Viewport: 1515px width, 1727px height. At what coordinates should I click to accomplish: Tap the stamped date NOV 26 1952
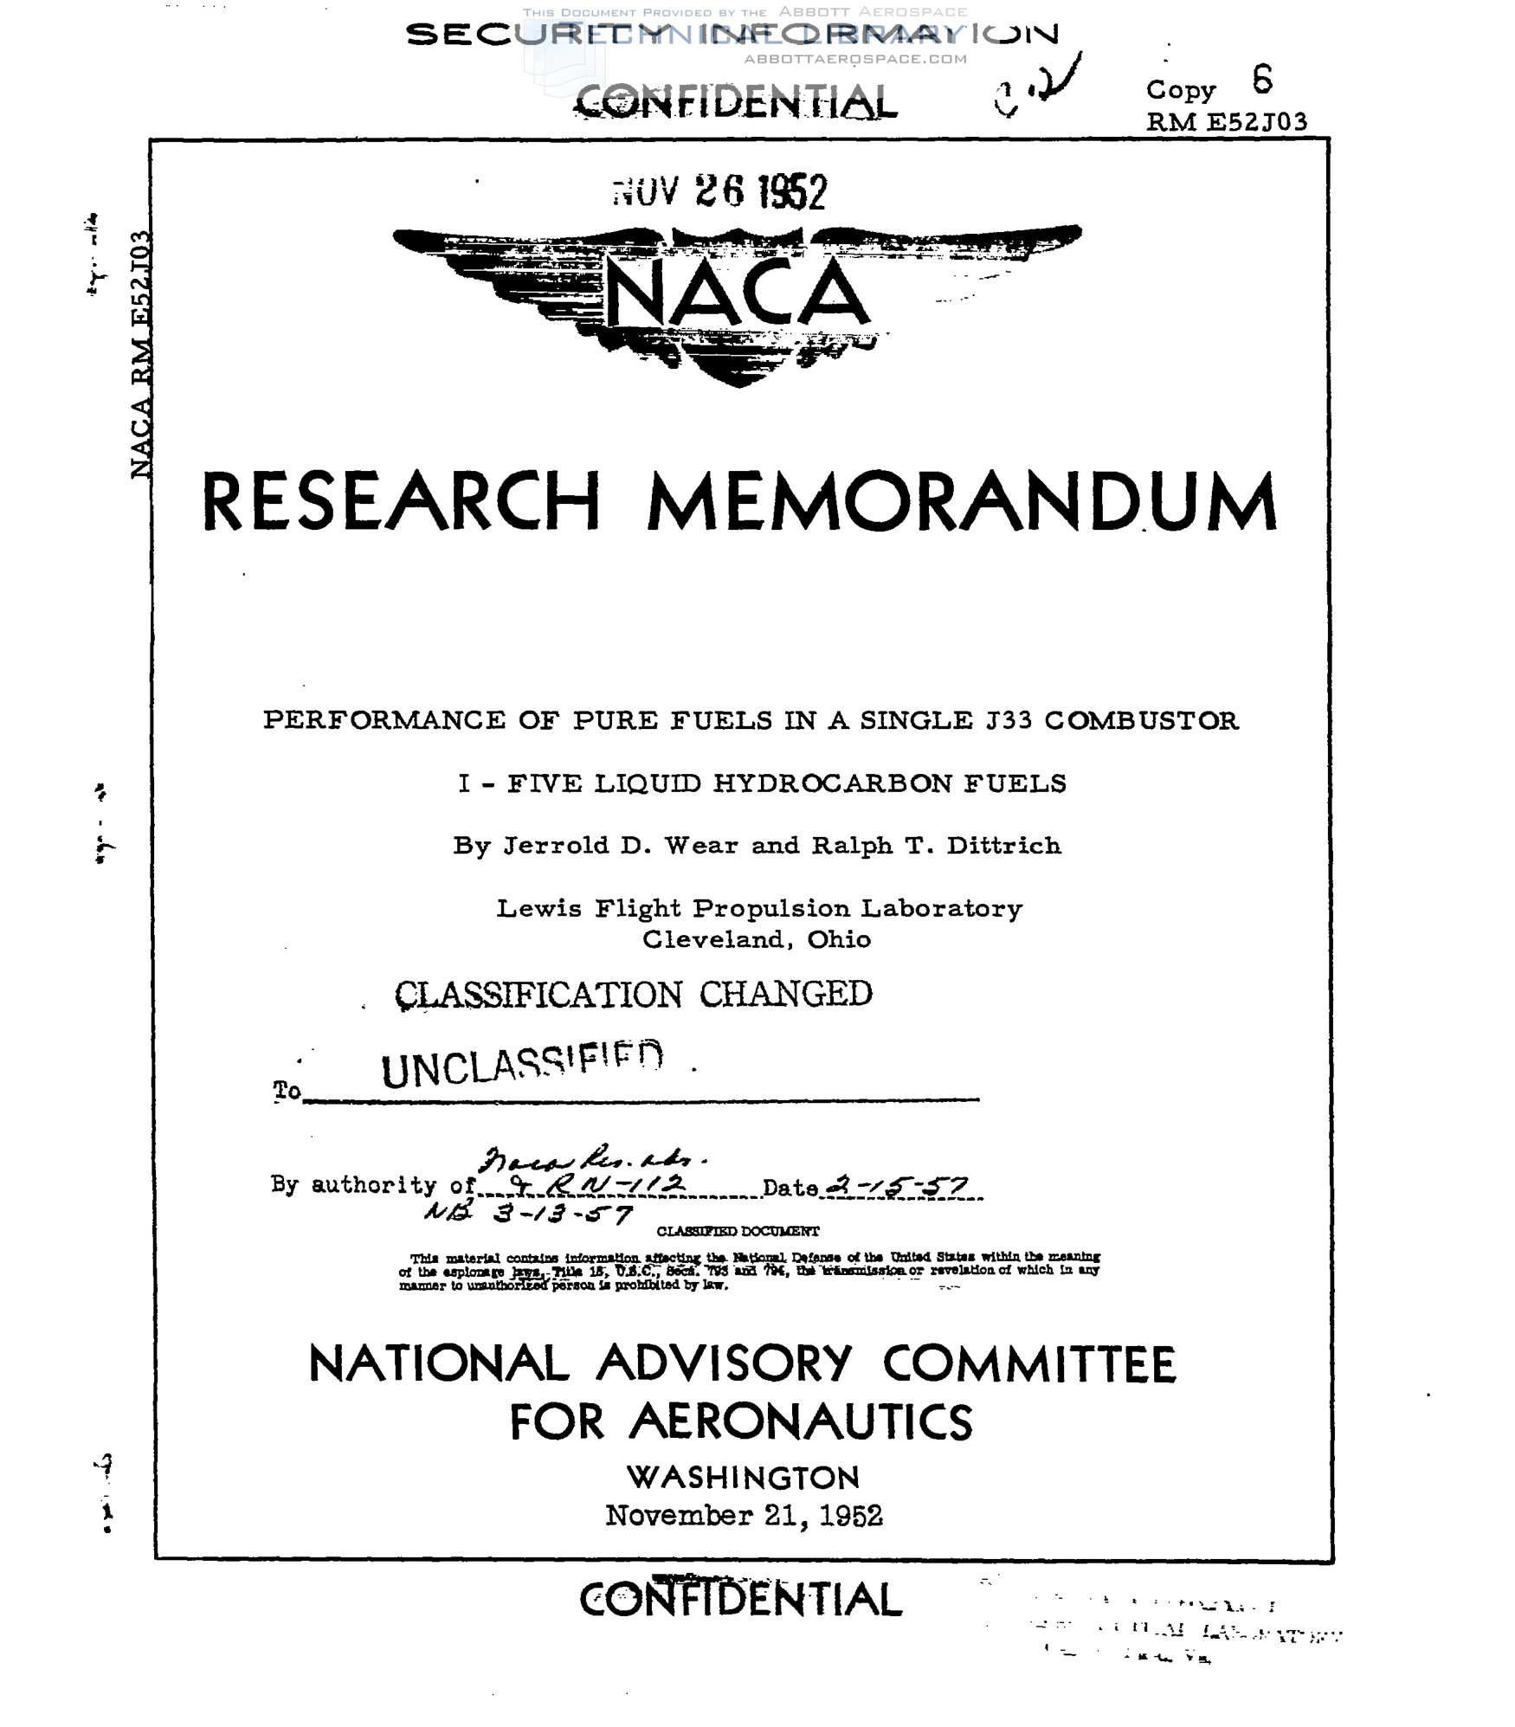tap(719, 192)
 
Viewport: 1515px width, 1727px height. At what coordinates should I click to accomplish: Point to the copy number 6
tap(1262, 81)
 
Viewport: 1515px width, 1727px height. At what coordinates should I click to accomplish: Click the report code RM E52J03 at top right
tap(1226, 122)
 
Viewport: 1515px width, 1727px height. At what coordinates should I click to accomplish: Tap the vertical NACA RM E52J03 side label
tap(141, 355)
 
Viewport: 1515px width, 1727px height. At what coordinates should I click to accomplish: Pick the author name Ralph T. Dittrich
tap(936, 846)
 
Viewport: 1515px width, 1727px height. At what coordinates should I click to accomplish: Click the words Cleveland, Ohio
tap(756, 939)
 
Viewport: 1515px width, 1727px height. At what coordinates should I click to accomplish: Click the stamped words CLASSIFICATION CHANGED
tap(633, 994)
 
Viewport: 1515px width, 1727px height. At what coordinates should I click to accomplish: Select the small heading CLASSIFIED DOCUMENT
tap(738, 1231)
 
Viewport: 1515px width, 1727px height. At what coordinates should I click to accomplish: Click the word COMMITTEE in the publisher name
tap(1029, 1364)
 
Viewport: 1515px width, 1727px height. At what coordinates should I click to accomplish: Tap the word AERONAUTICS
tap(801, 1421)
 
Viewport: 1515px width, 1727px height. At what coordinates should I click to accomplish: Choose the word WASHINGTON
tap(743, 1477)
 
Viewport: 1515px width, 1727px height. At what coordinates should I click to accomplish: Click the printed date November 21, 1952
tap(744, 1515)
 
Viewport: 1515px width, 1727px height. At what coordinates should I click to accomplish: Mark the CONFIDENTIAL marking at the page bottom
tap(740, 1600)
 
